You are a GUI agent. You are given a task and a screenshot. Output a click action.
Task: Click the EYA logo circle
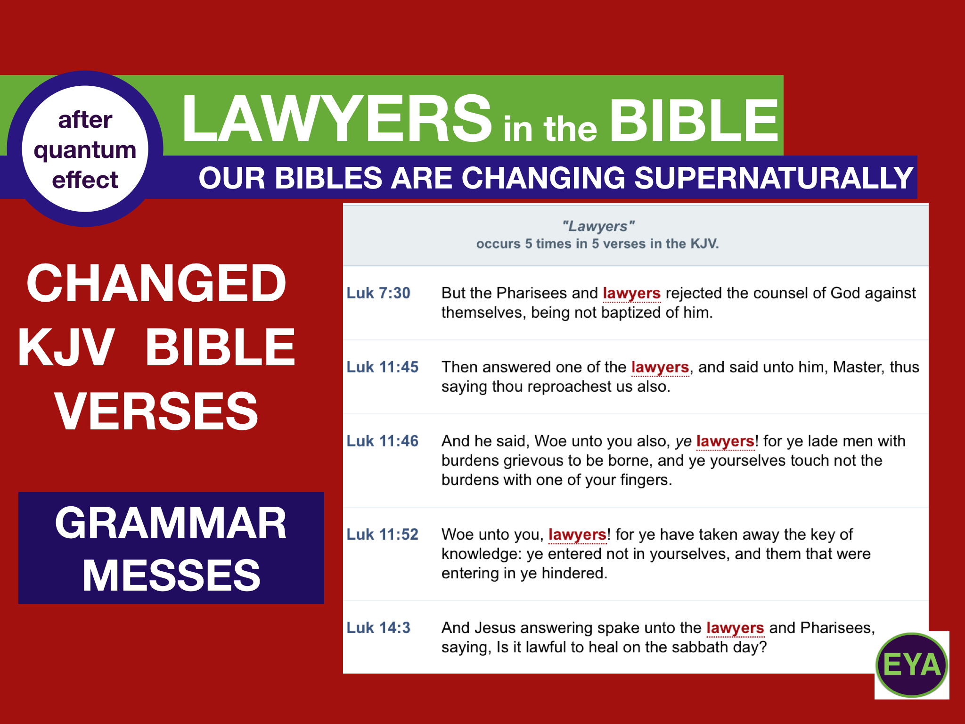pyautogui.click(x=911, y=665)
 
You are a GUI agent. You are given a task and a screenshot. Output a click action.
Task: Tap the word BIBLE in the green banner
pyautogui.click(x=694, y=121)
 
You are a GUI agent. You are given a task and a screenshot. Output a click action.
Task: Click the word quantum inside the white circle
pyautogui.click(x=85, y=150)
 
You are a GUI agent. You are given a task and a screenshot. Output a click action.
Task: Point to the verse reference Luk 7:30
pyautogui.click(x=378, y=293)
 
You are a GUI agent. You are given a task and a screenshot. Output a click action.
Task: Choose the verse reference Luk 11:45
pyautogui.click(x=382, y=367)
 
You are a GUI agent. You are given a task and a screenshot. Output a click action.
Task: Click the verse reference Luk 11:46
pyautogui.click(x=382, y=441)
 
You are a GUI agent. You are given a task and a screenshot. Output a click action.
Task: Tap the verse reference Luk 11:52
pyautogui.click(x=382, y=535)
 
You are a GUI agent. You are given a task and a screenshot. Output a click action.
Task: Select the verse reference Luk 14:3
pyautogui.click(x=378, y=628)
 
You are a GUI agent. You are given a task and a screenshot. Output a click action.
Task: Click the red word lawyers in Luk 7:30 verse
pyautogui.click(x=631, y=293)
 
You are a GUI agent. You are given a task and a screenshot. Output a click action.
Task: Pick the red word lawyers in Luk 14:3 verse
pyautogui.click(x=735, y=628)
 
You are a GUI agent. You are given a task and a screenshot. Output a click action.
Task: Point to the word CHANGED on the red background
pyautogui.click(x=156, y=283)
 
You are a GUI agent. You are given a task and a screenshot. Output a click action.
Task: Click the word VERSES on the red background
pyautogui.click(x=156, y=411)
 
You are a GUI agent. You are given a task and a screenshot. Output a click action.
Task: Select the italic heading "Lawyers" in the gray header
pyautogui.click(x=598, y=226)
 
